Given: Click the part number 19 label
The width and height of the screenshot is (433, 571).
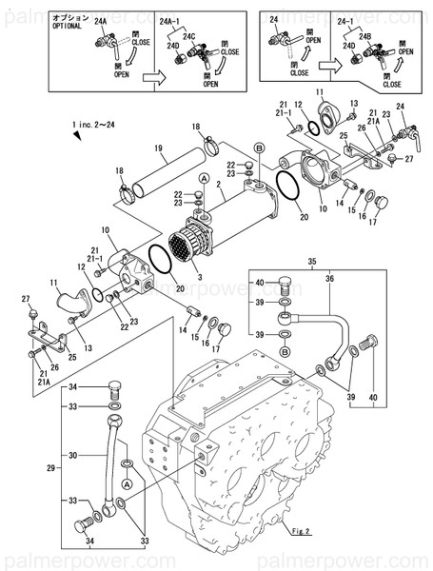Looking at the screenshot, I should pyautogui.click(x=162, y=148).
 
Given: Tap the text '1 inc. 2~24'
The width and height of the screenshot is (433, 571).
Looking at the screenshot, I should pyautogui.click(x=94, y=125).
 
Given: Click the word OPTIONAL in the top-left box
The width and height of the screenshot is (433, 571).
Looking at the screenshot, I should pyautogui.click(x=68, y=27).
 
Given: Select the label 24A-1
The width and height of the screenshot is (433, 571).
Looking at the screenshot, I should pyautogui.click(x=174, y=17).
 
